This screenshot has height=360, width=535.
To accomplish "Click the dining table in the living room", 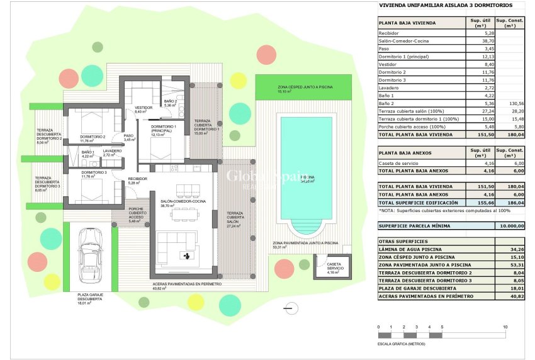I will (x=185, y=213).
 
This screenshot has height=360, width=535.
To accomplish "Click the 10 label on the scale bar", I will (x=505, y=327).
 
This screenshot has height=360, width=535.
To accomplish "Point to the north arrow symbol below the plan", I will (x=290, y=308).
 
